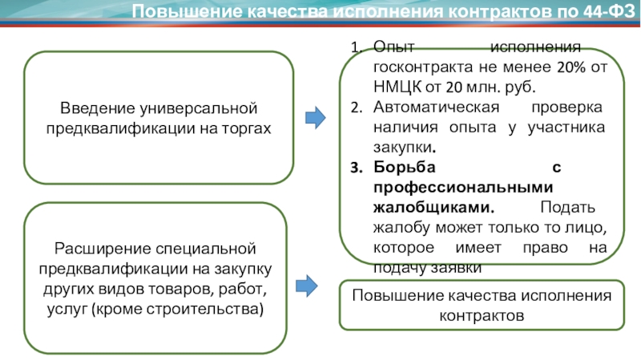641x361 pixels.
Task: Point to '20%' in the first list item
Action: (x=570, y=67)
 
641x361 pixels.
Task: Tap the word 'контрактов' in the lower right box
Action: (x=482, y=315)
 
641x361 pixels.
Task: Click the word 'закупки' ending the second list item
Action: (x=405, y=148)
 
